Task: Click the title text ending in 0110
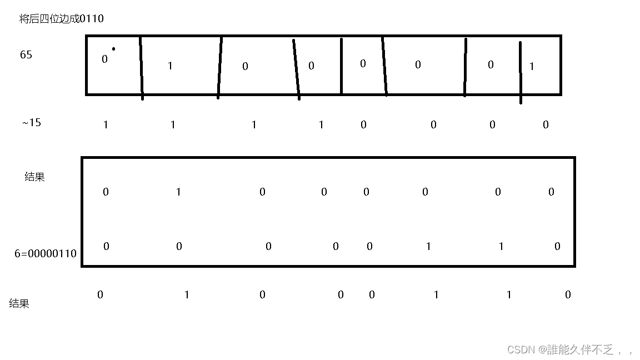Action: pyautogui.click(x=61, y=19)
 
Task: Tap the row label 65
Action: pyautogui.click(x=26, y=55)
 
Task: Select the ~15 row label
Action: pyautogui.click(x=32, y=122)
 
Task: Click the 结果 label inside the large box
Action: pyautogui.click(x=34, y=177)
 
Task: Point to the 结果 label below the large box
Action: pyautogui.click(x=19, y=303)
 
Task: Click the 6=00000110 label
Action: pyautogui.click(x=46, y=254)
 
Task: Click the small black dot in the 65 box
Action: pyautogui.click(x=113, y=49)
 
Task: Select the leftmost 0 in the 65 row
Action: pyautogui.click(x=104, y=59)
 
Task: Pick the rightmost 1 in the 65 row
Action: pyautogui.click(x=532, y=67)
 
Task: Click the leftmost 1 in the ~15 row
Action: pyautogui.click(x=106, y=125)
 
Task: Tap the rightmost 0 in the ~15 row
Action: pyautogui.click(x=546, y=125)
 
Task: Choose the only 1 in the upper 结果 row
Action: pyautogui.click(x=178, y=192)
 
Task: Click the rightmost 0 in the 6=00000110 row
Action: pyautogui.click(x=557, y=247)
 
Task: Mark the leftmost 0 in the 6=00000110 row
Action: pyautogui.click(x=106, y=247)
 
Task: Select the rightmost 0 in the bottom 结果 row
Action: pyautogui.click(x=568, y=295)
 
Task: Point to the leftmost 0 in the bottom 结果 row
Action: pyautogui.click(x=100, y=295)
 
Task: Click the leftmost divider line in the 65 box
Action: pyautogui.click(x=141, y=67)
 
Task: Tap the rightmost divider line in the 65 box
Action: pyautogui.click(x=521, y=72)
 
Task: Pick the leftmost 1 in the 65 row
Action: pyautogui.click(x=170, y=66)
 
